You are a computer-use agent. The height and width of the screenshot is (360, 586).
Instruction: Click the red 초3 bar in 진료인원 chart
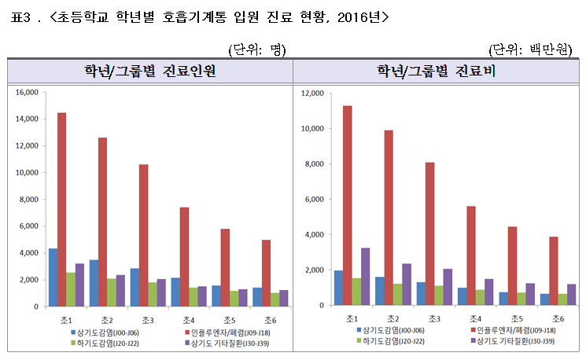(x=143, y=236)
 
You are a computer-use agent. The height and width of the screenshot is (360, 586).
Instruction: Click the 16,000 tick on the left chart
(x=27, y=93)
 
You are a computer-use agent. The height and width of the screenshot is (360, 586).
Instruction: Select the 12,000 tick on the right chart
(x=313, y=94)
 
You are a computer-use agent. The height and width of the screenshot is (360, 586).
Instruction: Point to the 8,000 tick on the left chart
(x=29, y=200)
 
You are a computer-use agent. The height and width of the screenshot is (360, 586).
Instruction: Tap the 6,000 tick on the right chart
(x=315, y=200)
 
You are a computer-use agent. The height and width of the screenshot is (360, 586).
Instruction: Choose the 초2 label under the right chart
(x=391, y=318)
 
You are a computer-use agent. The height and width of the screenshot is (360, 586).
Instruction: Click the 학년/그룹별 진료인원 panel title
(x=149, y=72)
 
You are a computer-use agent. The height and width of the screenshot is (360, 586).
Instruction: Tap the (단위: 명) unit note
(x=256, y=49)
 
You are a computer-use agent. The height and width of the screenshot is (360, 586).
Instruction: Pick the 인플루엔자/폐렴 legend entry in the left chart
(x=209, y=332)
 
